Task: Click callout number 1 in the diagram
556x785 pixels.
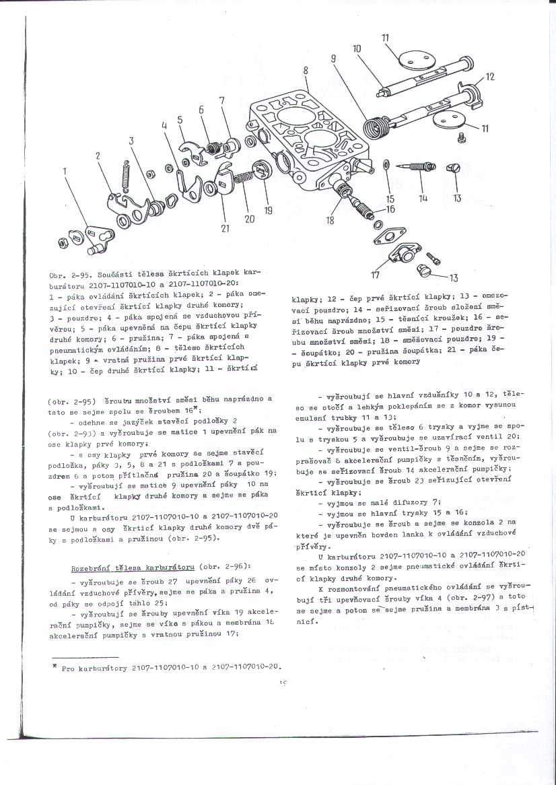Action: [65, 171]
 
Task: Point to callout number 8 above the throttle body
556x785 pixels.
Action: [306, 70]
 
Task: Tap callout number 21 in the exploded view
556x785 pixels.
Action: [225, 228]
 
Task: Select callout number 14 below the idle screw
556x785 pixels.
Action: [423, 198]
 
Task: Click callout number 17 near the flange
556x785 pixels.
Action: [375, 274]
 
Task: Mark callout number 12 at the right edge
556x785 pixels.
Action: [489, 77]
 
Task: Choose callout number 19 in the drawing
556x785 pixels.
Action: [268, 211]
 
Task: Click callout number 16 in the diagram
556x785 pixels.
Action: [390, 209]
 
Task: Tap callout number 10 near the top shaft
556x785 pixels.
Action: [357, 48]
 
